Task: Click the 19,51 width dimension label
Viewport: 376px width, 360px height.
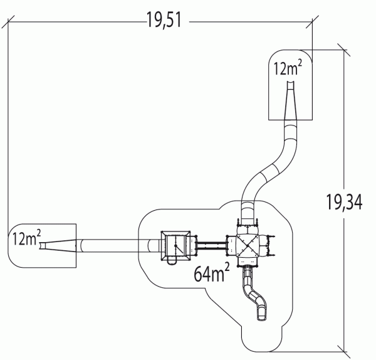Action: pyautogui.click(x=164, y=20)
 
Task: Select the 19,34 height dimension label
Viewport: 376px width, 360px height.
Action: pyautogui.click(x=344, y=202)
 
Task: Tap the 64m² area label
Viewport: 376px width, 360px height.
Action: pyautogui.click(x=212, y=272)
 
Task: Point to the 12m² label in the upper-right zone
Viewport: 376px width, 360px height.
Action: pyautogui.click(x=288, y=68)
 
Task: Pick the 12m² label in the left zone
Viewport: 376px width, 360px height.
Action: pyautogui.click(x=26, y=238)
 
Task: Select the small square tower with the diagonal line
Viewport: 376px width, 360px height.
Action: pyautogui.click(x=175, y=245)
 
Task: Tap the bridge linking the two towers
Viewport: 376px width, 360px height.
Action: pyautogui.click(x=211, y=246)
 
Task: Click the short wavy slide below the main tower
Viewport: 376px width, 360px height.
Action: pyautogui.click(x=254, y=294)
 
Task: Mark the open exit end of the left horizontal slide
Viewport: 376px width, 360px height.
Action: pyautogui.click(x=42, y=246)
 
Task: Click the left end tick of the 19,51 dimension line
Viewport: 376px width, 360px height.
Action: pyautogui.click(x=8, y=22)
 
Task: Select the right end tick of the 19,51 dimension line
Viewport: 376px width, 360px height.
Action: pyautogui.click(x=312, y=22)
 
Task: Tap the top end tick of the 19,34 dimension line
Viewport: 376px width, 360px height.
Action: pyautogui.click(x=344, y=50)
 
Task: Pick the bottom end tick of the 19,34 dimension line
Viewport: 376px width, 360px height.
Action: pyautogui.click(x=344, y=352)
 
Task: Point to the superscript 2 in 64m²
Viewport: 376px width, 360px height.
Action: pyautogui.click(x=227, y=267)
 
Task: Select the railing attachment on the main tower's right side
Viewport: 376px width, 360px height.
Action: pyautogui.click(x=271, y=246)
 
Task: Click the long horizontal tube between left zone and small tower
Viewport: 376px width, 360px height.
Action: pyautogui.click(x=118, y=246)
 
